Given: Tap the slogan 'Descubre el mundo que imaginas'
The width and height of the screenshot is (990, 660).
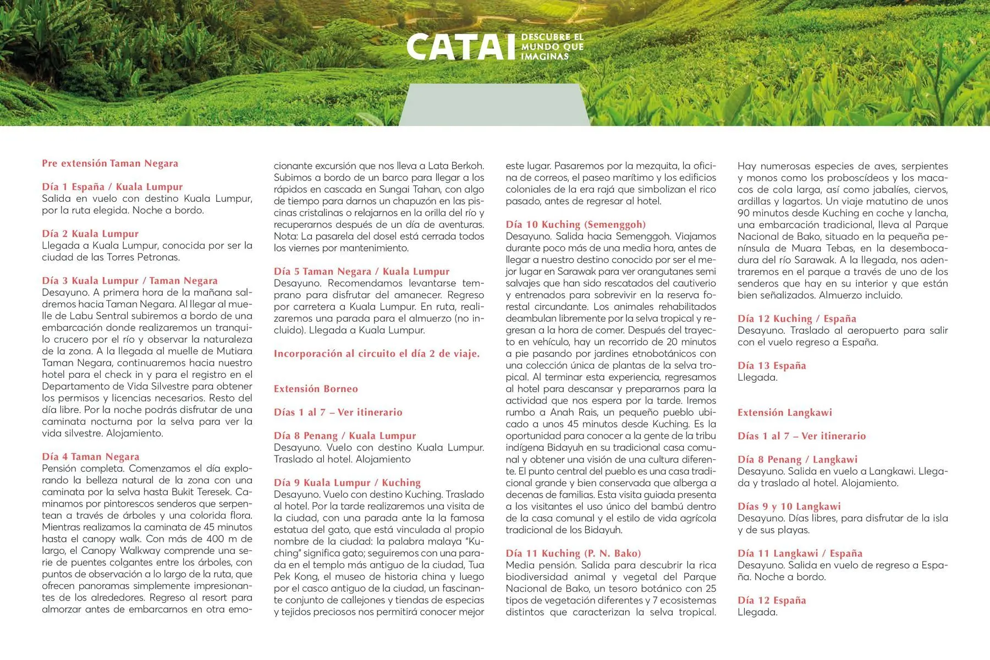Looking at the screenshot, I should point(552,47).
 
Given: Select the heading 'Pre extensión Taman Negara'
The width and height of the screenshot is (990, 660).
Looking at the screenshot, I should point(110,163).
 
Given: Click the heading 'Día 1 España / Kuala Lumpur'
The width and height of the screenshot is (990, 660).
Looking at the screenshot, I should point(112,187).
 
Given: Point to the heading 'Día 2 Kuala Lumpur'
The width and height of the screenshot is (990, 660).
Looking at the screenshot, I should point(90,234).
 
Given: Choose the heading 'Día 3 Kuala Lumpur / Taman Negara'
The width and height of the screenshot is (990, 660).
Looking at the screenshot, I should point(130,280).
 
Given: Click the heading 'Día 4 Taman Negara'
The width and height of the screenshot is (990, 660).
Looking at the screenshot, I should point(91,457).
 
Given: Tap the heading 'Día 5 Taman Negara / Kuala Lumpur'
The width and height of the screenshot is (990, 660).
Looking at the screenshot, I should point(361,271).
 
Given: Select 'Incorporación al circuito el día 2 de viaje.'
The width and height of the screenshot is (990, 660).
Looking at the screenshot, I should point(377,354).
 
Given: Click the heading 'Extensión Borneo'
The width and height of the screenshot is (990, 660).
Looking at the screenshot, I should point(316,389).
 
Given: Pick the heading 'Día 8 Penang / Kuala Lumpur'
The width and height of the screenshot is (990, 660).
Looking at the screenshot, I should point(345,436).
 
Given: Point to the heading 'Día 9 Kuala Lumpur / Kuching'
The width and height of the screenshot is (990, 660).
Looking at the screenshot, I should point(347,483).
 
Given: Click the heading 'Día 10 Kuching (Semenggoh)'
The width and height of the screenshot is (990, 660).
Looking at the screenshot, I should point(576,224).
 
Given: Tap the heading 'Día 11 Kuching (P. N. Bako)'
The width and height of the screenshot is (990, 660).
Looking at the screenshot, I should point(574,553).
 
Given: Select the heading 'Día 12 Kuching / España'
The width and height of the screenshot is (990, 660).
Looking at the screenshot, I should point(797,318).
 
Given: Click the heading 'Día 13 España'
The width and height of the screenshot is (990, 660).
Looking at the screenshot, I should point(772,366).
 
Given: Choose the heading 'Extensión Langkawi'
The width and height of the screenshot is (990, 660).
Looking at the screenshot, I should point(785,413).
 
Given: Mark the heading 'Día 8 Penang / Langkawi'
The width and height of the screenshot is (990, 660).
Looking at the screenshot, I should point(798,459).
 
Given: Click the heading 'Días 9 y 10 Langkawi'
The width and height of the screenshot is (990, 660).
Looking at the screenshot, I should point(789,507).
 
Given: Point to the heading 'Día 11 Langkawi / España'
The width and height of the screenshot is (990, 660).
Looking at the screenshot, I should point(800,553).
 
